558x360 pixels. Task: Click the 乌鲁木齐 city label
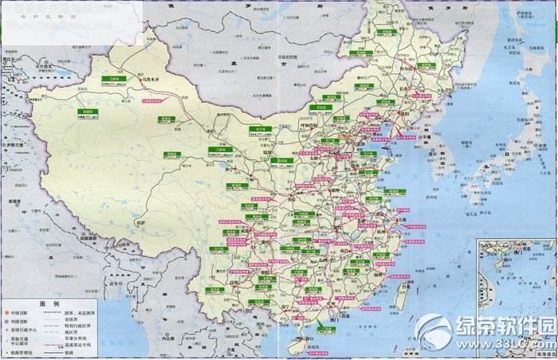point(154,80)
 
